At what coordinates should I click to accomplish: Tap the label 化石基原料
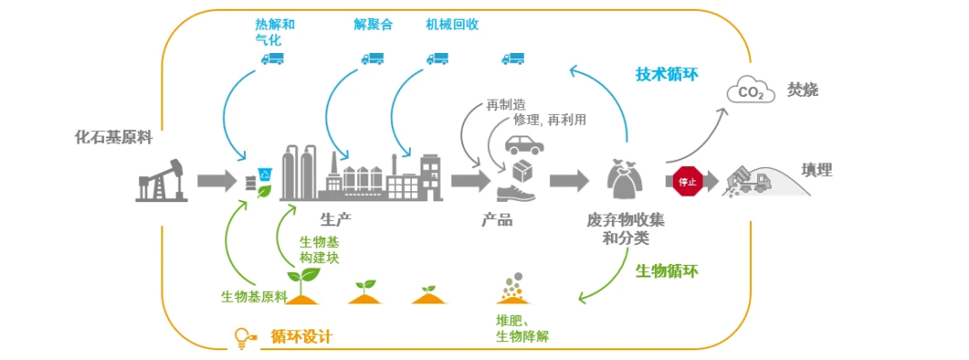[x=113, y=137]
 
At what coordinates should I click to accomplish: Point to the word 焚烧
[x=802, y=90]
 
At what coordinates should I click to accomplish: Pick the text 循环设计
[x=301, y=338]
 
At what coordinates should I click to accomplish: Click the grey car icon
[x=523, y=144]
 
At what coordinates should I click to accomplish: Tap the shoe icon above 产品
[x=518, y=192]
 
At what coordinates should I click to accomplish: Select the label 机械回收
[x=451, y=24]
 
